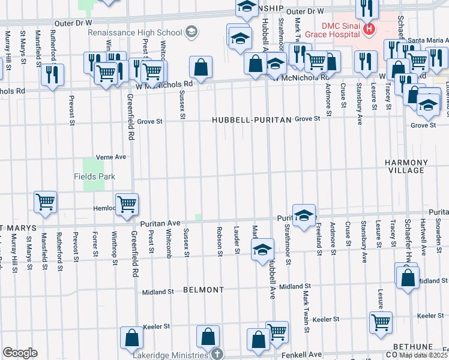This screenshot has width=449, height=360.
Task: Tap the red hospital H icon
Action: click(370, 28)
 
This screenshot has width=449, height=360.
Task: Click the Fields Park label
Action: click(94, 176)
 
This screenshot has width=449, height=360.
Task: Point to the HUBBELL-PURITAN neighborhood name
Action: click(252, 120)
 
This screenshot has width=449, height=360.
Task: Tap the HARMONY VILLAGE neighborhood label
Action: click(406, 167)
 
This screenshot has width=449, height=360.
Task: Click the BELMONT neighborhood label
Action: click(203, 289)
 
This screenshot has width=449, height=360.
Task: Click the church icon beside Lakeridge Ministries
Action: click(217, 355)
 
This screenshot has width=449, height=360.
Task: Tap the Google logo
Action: click(20, 353)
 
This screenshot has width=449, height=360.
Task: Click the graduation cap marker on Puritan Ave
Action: click(304, 216)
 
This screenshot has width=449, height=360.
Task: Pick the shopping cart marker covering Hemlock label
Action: click(127, 205)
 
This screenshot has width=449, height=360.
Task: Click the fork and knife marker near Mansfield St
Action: click(52, 74)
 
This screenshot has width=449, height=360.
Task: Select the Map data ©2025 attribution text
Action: click(423, 355)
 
